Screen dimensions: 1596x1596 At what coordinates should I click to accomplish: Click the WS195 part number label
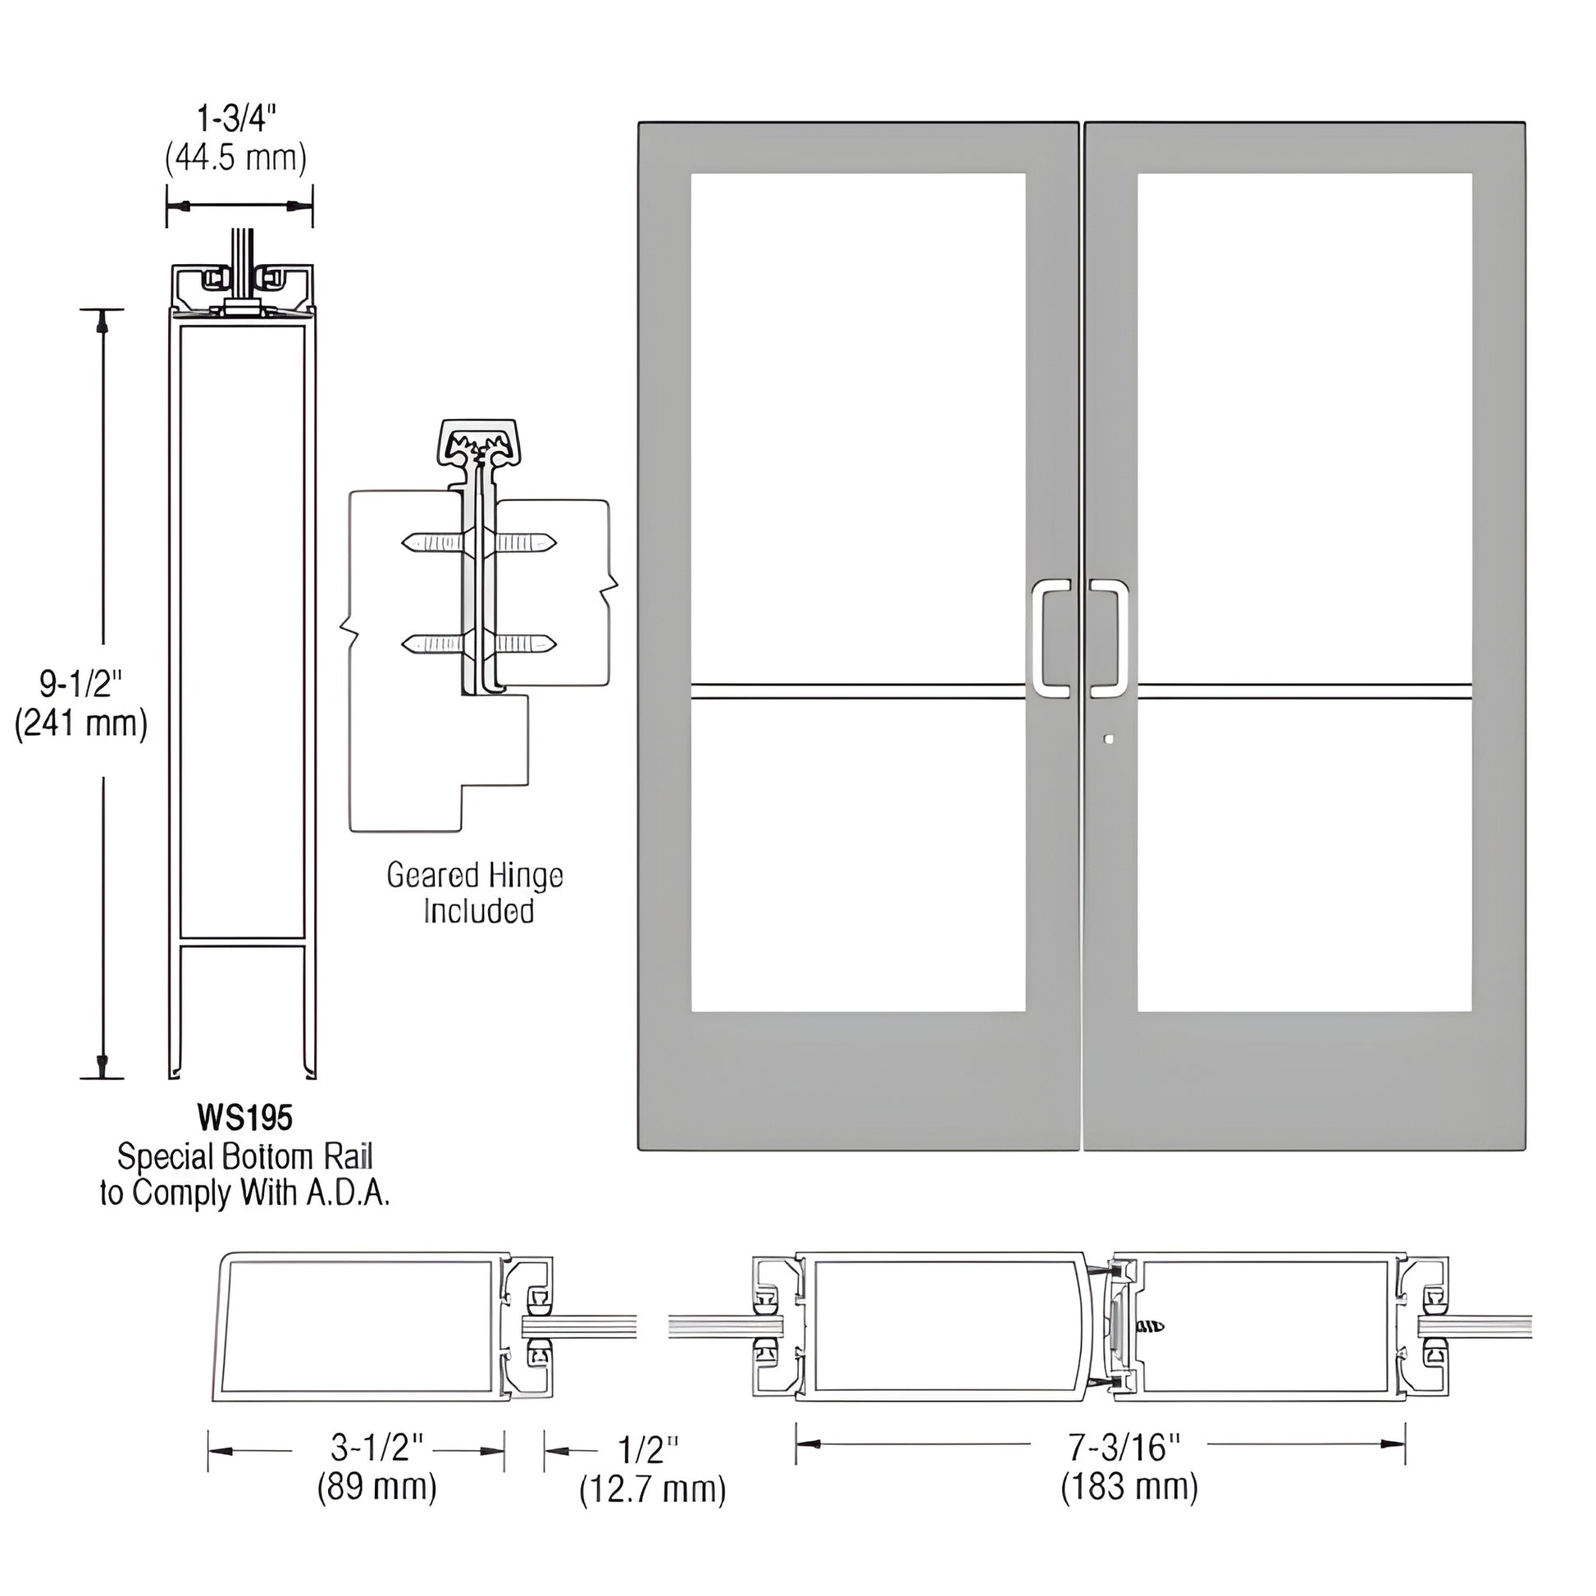[x=244, y=1118]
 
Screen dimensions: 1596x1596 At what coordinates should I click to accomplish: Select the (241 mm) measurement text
[x=81, y=723]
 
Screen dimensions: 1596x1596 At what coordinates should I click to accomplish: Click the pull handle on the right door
[x=1110, y=636]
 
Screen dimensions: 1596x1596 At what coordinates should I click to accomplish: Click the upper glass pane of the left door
[x=858, y=426]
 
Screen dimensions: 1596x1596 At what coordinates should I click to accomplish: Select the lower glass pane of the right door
[x=1303, y=855]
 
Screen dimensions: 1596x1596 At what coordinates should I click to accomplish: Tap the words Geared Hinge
[x=475, y=876]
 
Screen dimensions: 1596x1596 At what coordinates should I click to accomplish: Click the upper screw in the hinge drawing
[x=479, y=543]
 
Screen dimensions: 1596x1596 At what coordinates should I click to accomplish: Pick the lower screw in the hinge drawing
[x=479, y=643]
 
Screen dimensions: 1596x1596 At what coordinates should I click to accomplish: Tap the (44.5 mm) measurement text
[x=235, y=157]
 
